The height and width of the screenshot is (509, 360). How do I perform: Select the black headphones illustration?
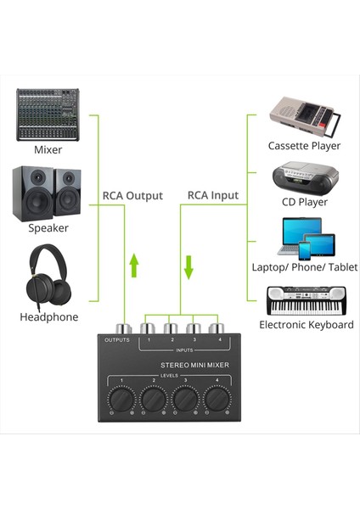click(x=48, y=278)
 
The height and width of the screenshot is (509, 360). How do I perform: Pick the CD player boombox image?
click(x=304, y=178)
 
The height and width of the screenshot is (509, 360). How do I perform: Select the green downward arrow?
click(x=188, y=266)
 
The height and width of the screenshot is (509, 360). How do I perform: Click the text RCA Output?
click(x=132, y=196)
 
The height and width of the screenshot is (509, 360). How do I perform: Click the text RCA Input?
click(x=212, y=196)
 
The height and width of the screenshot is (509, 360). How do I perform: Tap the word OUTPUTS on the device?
click(x=116, y=341)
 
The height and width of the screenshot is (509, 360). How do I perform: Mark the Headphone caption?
click(x=48, y=317)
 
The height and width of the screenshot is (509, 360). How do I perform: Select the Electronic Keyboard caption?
click(x=306, y=325)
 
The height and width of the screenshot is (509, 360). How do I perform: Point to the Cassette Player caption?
click(x=304, y=146)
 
